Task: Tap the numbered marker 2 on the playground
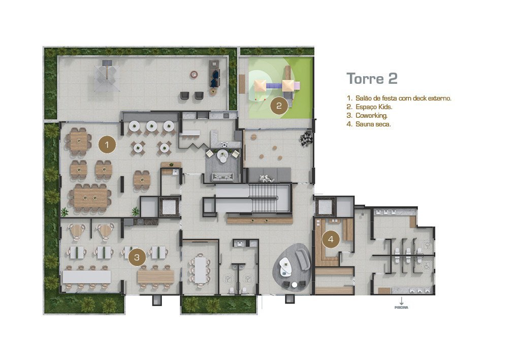click(x=279, y=106)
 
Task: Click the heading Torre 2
click(x=372, y=78)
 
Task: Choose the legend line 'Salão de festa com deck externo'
click(x=399, y=98)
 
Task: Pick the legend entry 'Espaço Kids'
click(x=369, y=107)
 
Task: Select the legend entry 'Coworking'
click(x=367, y=115)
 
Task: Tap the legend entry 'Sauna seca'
click(x=369, y=124)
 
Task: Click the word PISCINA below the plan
click(x=401, y=308)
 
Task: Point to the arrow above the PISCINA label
click(x=401, y=301)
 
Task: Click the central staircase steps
click(x=263, y=198)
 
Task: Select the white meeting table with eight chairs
click(x=200, y=269)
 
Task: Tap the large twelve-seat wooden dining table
click(x=90, y=198)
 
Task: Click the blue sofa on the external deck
click(x=215, y=79)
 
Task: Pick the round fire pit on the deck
click(x=194, y=74)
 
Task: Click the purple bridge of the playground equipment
click(x=274, y=86)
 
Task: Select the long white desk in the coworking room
click(x=86, y=277)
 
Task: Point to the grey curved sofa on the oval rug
click(x=303, y=259)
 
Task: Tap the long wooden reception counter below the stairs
click(x=260, y=220)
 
